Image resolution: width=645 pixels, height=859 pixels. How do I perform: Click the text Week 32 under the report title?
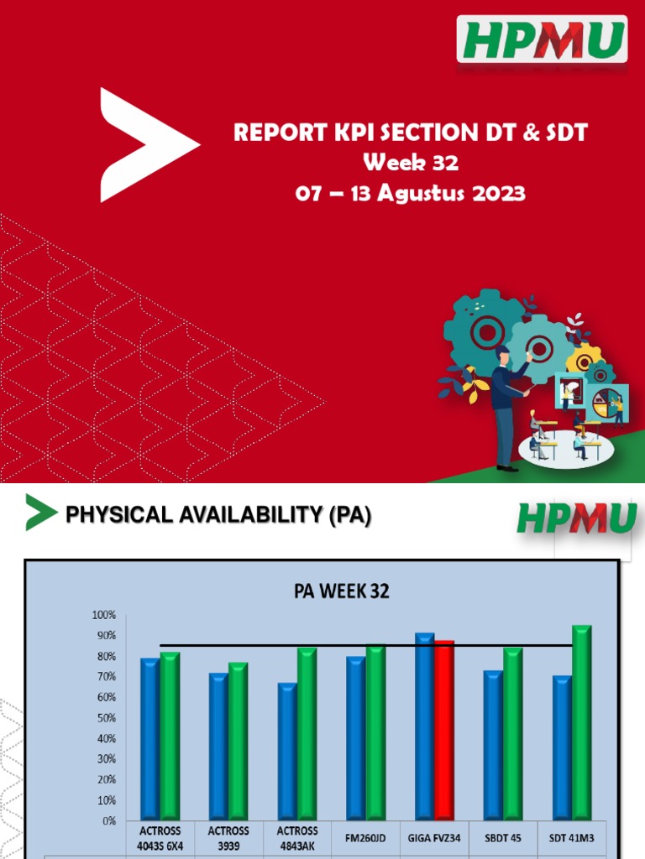point(411,162)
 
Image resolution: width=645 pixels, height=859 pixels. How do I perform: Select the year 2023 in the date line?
point(496,193)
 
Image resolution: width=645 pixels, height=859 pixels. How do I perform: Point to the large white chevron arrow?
point(143,144)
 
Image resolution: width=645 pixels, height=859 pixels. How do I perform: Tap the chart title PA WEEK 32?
point(341,591)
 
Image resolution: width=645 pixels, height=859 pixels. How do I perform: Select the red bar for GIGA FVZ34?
point(444,730)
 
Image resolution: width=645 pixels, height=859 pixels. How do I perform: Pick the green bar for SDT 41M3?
point(581,722)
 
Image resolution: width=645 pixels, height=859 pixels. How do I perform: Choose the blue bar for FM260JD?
point(356,737)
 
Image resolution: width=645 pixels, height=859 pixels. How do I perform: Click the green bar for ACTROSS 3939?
point(239,741)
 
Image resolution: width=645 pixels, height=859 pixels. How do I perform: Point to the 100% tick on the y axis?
point(104,615)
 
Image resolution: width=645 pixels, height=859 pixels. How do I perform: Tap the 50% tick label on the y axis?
point(106,718)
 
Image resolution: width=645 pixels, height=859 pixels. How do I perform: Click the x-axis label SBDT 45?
point(504,836)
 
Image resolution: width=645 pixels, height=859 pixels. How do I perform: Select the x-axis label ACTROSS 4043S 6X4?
point(160,839)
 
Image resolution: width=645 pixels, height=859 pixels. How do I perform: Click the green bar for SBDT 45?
point(512,734)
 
